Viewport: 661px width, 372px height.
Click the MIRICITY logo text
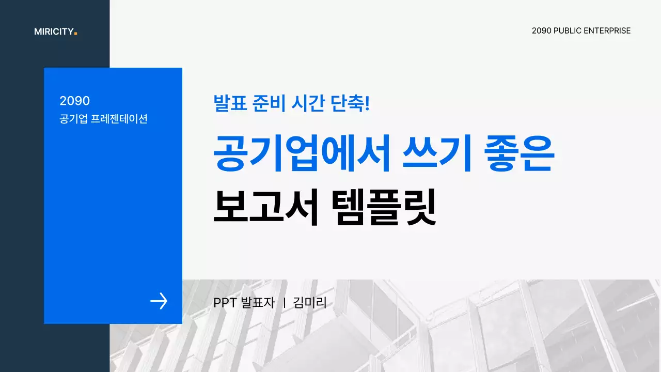click(x=54, y=32)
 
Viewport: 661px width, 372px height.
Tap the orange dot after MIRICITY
click(x=75, y=34)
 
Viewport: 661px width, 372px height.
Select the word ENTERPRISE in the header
click(x=607, y=31)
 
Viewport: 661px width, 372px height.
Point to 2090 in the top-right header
click(x=541, y=31)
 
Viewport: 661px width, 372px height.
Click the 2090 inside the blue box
click(x=74, y=101)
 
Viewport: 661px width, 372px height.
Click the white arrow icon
click(x=159, y=301)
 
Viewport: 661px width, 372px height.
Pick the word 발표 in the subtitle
click(x=228, y=103)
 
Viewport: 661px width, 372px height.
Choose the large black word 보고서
click(x=265, y=207)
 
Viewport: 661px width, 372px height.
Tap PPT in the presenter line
click(x=225, y=303)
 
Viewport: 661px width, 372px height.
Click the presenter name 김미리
click(x=310, y=303)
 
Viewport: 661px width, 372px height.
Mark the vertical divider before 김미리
click(x=285, y=303)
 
